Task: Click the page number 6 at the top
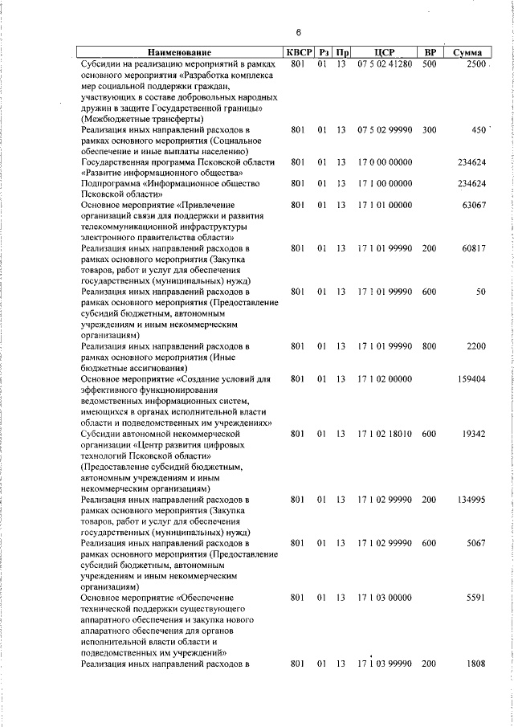[298, 32]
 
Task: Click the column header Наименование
[180, 52]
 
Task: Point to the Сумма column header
[467, 52]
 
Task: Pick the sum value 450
[479, 129]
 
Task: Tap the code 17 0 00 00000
[385, 162]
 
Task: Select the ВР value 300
[429, 129]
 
